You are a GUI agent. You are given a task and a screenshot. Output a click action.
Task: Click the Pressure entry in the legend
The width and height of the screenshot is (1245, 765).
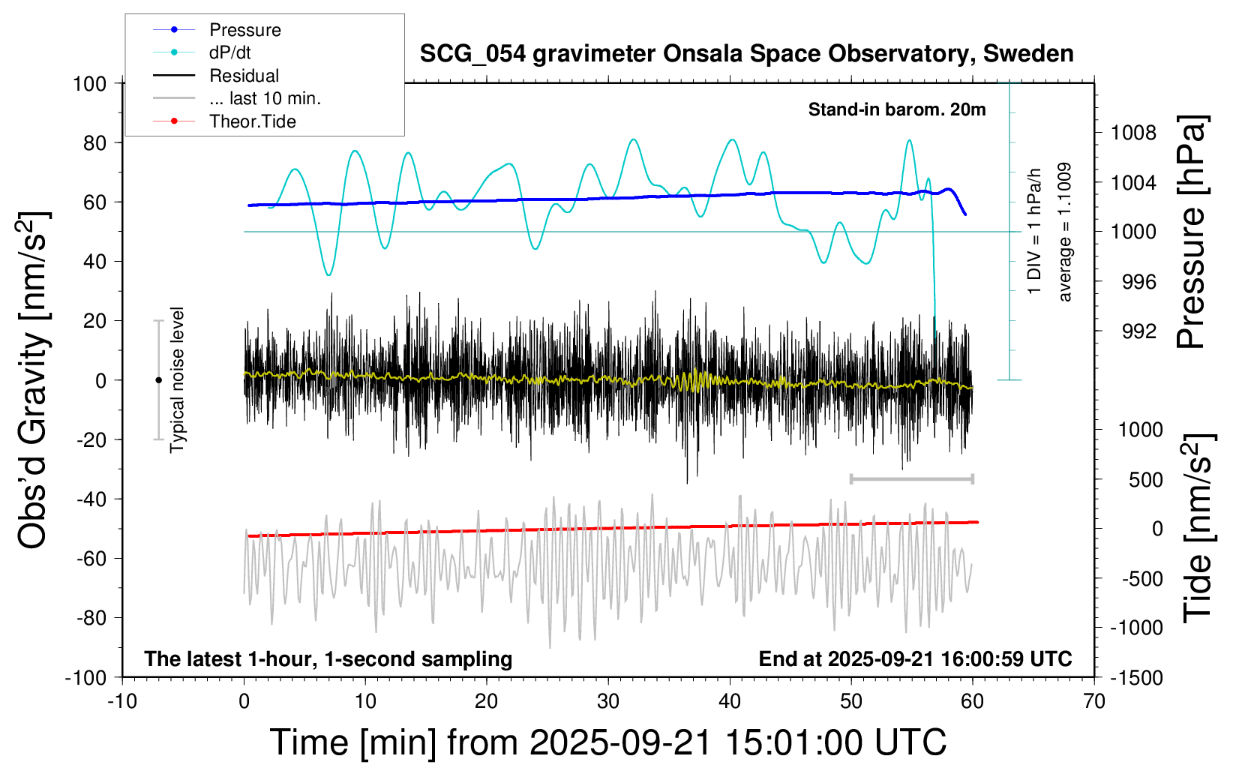coord(244,30)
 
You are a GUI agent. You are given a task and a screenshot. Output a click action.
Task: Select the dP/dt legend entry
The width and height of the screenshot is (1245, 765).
coord(229,52)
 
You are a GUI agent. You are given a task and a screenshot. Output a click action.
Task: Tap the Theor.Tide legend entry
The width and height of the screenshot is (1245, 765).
coord(252,121)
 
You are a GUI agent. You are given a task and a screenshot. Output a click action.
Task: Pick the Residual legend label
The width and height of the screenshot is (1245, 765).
coord(244,76)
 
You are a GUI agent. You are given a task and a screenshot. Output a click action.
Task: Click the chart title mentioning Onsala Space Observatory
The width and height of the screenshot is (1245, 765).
coord(746,54)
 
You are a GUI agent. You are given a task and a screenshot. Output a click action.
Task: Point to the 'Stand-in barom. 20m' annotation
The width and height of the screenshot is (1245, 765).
coord(896,109)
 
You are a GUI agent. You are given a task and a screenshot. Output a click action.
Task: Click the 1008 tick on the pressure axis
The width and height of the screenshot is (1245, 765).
coord(1133,133)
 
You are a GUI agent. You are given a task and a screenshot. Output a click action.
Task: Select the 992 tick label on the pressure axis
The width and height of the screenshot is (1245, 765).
coord(1138,331)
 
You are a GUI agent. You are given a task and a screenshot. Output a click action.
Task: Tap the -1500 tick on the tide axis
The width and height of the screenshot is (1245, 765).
coord(1136,677)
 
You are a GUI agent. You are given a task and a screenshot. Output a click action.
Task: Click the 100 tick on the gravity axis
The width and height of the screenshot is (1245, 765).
coord(89,83)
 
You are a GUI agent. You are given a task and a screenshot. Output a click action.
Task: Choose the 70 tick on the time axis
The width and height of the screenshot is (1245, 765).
coord(1094,701)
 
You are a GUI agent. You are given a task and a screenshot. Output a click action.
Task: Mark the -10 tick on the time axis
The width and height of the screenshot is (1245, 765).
coord(121,701)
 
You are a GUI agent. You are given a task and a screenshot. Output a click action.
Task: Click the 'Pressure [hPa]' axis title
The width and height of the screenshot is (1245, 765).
coord(1190,232)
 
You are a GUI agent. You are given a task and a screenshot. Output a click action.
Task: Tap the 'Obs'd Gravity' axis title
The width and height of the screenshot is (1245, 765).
coord(34,380)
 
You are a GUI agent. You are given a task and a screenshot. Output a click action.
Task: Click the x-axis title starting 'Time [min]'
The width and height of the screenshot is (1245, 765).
coord(607,742)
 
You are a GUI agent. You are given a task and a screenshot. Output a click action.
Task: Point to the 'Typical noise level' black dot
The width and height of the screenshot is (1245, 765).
coord(158,380)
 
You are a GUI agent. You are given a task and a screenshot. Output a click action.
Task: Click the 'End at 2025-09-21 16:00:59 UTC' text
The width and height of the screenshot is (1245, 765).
coord(915,659)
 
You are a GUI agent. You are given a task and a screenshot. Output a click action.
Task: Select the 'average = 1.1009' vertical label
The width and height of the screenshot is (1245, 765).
coord(1064,232)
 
